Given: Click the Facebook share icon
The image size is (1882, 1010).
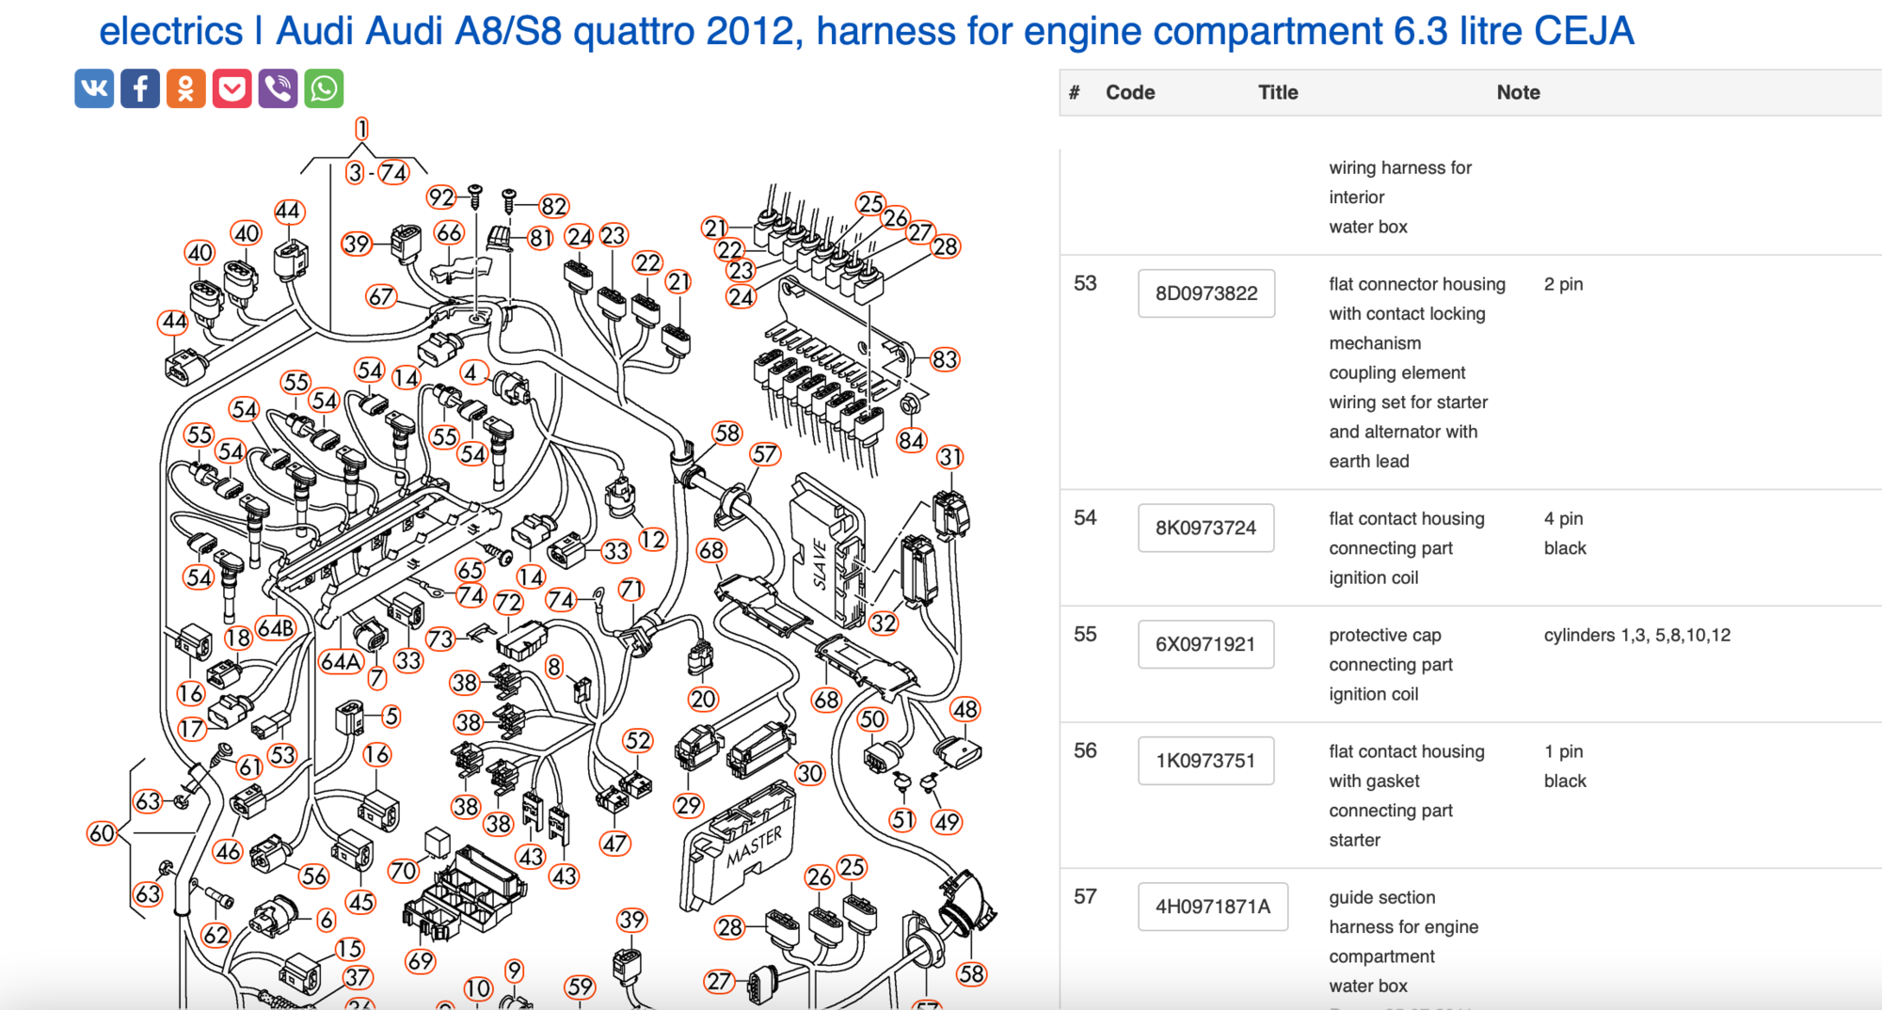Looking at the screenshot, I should (x=140, y=89).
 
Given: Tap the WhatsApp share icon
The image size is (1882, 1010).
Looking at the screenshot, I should (x=324, y=89).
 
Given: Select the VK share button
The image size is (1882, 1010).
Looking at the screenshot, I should (x=94, y=89).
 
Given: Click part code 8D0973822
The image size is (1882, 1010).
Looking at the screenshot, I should (x=1205, y=293).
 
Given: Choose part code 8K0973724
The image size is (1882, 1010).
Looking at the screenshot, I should (x=1205, y=528).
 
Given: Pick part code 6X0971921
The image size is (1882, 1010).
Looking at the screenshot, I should (x=1205, y=644).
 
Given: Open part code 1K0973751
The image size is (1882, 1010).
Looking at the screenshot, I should (x=1205, y=761).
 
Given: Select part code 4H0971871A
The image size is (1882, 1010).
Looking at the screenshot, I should (x=1212, y=907).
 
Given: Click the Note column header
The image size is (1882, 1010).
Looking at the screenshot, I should (x=1518, y=92).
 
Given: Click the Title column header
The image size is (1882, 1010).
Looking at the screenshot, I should (x=1278, y=92).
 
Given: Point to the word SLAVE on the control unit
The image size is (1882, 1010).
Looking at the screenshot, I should (x=821, y=564).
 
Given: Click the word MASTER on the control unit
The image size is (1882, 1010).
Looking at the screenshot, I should (x=754, y=847).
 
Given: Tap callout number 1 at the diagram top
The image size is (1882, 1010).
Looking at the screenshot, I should (x=361, y=129).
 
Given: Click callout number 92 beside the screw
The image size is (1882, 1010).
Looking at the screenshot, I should (x=440, y=197).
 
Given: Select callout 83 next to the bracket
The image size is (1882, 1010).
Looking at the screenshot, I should (x=944, y=359).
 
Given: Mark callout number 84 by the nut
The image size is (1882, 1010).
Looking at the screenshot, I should (x=911, y=440).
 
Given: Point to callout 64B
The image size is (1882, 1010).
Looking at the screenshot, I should (x=276, y=628).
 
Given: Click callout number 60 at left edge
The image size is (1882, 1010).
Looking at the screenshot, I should (x=102, y=833).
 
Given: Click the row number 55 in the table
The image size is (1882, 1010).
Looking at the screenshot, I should (x=1085, y=635).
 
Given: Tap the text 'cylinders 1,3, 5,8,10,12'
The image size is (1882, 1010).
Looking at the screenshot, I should (x=1636, y=635).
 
